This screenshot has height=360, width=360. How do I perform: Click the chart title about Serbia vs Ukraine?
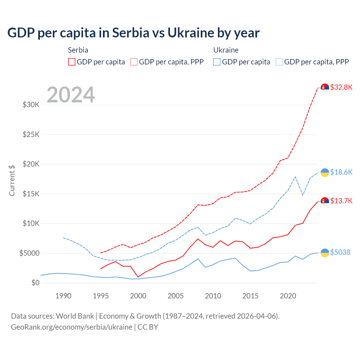133,33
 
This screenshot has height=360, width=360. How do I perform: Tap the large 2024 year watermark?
71,95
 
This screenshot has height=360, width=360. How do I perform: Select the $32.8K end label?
341,87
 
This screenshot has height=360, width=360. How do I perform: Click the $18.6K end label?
341,172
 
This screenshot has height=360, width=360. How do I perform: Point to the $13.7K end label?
341,201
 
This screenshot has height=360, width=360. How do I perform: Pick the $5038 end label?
340,252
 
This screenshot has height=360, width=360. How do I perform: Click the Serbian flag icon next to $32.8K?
325,88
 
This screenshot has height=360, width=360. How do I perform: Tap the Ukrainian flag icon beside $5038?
325,253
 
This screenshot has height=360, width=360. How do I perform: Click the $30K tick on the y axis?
31,105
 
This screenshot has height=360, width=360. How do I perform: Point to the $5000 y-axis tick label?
30,253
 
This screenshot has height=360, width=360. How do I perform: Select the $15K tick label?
31,194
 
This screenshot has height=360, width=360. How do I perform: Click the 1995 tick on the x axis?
101,296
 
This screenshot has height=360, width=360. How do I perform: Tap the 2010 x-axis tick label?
213,296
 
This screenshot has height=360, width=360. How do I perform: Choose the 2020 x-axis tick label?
288,296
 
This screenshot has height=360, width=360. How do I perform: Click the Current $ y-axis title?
12,181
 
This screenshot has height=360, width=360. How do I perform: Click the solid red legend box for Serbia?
72,62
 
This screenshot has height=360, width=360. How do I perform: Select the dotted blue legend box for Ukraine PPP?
279,62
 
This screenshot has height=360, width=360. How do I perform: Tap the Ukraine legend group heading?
226,50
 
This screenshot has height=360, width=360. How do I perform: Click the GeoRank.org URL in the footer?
72,327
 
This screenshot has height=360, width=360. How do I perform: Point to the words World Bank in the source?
75,316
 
